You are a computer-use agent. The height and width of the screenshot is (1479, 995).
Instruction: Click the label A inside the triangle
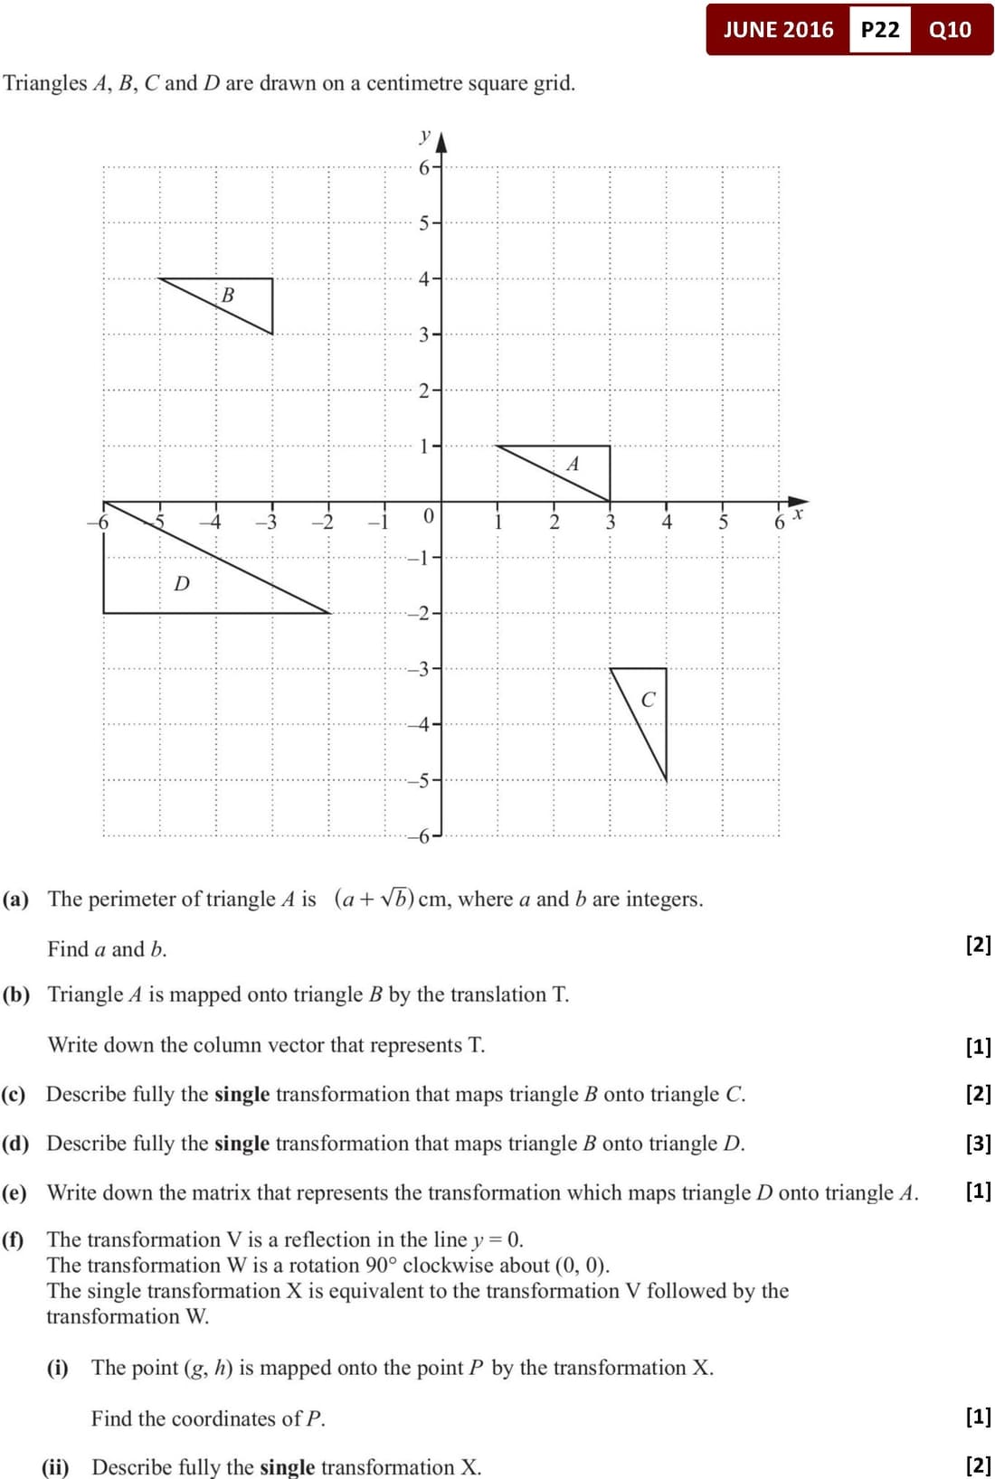573,465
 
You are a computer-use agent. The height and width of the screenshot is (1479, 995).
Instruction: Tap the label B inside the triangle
228,295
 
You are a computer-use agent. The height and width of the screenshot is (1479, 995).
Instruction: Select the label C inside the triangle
648,700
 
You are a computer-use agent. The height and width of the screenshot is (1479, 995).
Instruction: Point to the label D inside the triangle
182,584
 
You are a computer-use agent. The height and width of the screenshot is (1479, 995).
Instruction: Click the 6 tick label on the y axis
423,167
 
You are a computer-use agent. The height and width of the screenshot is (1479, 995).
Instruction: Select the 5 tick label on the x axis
723,522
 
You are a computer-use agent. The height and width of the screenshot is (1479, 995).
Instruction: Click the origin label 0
429,516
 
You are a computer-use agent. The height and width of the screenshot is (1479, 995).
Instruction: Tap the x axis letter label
797,514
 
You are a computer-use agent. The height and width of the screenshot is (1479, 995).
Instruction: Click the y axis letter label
424,136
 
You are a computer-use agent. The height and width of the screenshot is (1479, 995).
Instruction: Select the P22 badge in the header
880,30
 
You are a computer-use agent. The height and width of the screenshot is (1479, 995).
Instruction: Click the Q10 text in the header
950,30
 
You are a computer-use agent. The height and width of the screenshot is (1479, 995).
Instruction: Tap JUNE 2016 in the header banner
778,30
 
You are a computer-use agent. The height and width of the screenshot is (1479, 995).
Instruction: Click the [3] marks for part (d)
979,1144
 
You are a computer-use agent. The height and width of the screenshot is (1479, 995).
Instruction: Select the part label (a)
15,899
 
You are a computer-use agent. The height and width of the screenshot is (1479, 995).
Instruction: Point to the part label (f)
14,1239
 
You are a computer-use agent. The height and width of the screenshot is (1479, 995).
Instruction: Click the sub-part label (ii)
56,1466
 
